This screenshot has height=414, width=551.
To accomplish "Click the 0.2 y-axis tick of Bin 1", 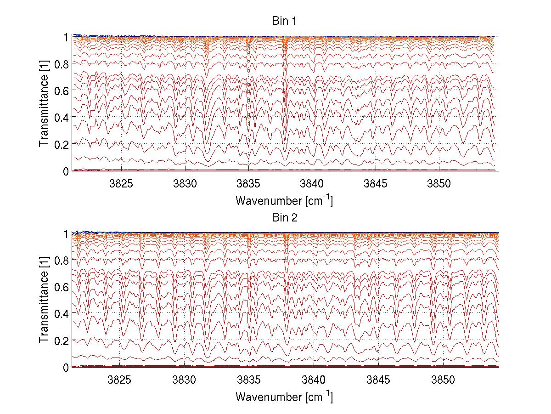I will tap(61, 144).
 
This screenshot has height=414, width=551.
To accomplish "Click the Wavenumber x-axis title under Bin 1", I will tap(284, 201).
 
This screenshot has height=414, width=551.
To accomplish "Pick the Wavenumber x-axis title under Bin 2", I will tap(284, 397).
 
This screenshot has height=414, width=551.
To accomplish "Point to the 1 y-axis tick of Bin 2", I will tap(66, 233).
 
